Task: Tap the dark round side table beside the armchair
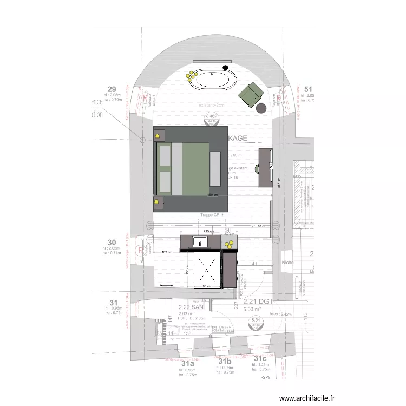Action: coord(262,108)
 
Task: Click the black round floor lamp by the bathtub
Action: coord(225,68)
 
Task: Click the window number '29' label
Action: coord(112,89)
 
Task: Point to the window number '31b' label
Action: coord(225,361)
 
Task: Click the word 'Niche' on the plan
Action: coord(287,263)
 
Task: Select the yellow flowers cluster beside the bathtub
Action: coord(191,77)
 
